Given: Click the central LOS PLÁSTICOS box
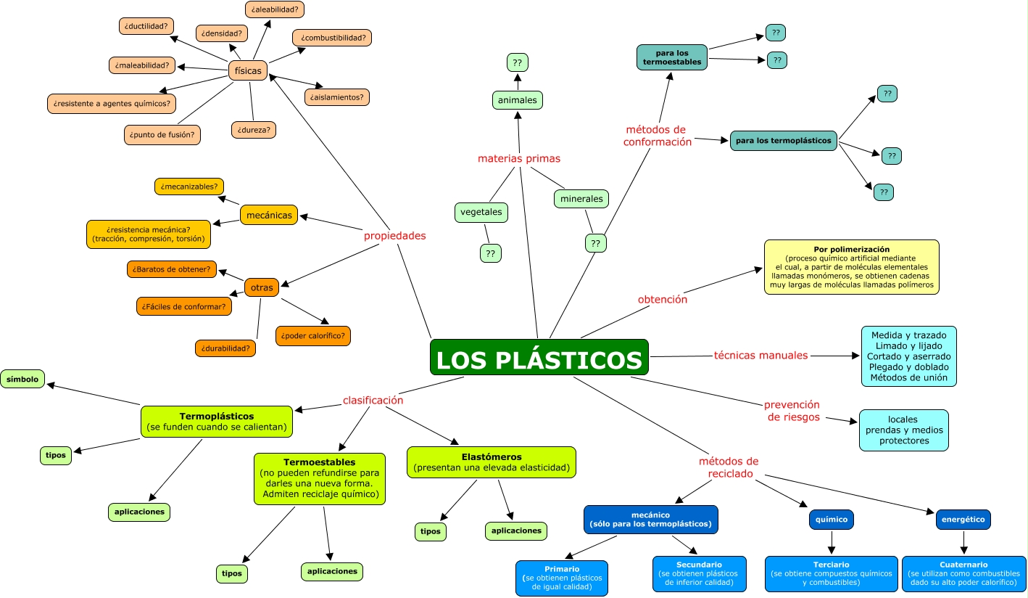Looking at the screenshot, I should [x=539, y=358].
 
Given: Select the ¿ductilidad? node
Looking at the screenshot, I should [x=146, y=26].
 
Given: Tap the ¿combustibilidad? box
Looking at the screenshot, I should [x=332, y=37].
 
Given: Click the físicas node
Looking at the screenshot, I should [x=248, y=70].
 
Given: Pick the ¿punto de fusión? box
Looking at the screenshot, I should [x=162, y=134].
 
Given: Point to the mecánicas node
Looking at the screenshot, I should [x=269, y=215].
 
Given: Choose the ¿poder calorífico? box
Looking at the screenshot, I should [x=313, y=335].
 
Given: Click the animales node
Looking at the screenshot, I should [x=518, y=100].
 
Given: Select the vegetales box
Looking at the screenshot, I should [x=481, y=213].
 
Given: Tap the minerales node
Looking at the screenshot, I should [x=581, y=198].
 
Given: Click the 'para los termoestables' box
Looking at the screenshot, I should [x=672, y=57].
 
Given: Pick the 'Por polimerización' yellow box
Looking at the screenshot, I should [x=851, y=267].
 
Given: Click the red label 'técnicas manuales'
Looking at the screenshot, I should [x=760, y=356].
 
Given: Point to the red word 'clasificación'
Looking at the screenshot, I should [x=373, y=400].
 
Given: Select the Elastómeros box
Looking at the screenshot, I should [x=492, y=462].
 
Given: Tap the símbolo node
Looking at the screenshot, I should [x=22, y=379].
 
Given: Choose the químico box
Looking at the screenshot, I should [x=831, y=520].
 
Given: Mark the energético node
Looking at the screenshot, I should [x=963, y=520].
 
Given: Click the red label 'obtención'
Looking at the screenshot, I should [x=663, y=299].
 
